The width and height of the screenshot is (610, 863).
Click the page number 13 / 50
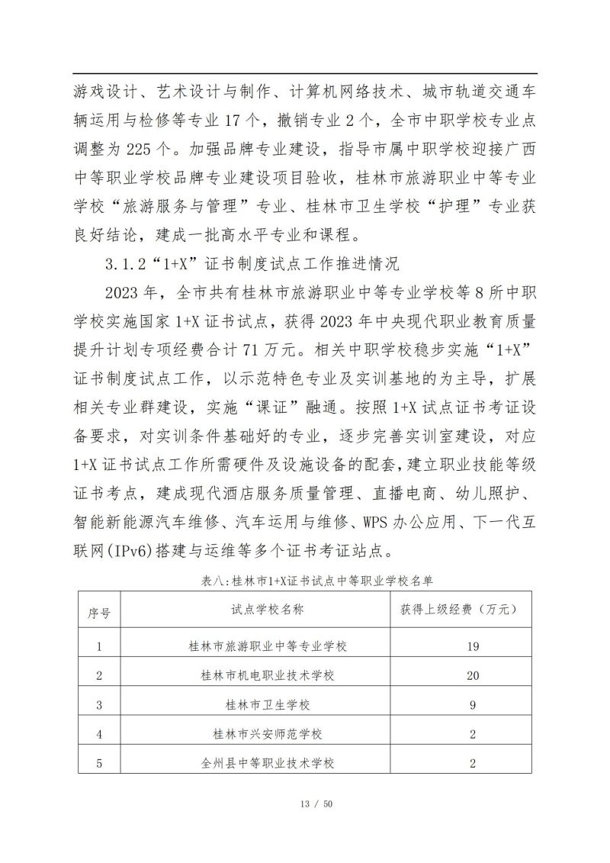coord(305,804)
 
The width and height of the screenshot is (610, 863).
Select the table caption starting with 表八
coord(305,581)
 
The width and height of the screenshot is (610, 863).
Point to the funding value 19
coord(473,646)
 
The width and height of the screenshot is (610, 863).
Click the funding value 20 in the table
coord(473,675)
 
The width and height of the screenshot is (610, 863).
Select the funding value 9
coord(473,705)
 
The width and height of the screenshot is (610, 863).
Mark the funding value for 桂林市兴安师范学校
coord(473,734)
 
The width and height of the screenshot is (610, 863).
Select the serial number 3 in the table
coord(99,705)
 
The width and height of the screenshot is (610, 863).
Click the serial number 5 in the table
coord(99,762)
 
